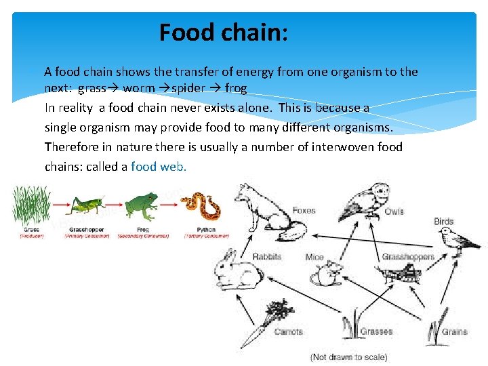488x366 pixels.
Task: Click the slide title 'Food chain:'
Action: click(224, 33)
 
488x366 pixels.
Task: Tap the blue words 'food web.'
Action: click(159, 166)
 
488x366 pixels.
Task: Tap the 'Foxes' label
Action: click(304, 211)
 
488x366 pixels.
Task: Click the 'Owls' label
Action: click(394, 211)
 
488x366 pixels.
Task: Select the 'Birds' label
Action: click(444, 222)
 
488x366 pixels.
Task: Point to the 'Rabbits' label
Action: click(266, 257)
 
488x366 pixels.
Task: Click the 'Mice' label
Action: click(314, 257)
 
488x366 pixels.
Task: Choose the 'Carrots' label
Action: click(288, 331)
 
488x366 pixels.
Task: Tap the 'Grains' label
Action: click(454, 331)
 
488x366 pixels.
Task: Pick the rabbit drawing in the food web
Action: click(232, 268)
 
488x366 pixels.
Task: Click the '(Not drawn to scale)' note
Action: click(348, 357)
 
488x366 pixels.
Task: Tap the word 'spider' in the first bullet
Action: click(188, 88)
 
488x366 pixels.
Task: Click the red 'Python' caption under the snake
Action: click(205, 230)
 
